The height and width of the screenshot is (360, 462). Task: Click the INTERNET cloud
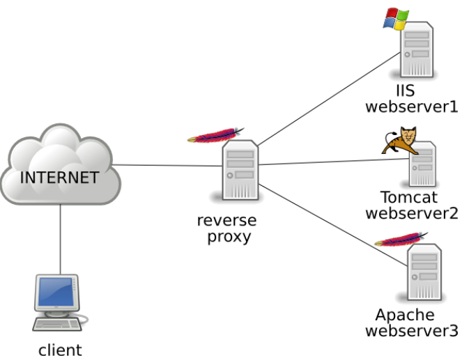61,164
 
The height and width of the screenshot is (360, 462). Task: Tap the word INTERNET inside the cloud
59,177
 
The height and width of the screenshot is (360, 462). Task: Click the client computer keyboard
59,324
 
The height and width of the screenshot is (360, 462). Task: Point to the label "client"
60,350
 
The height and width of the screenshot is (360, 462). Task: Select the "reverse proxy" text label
226,228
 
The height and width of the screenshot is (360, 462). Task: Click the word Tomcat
410,197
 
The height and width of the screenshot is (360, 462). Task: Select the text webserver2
412,213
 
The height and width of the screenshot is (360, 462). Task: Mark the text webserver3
412,330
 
